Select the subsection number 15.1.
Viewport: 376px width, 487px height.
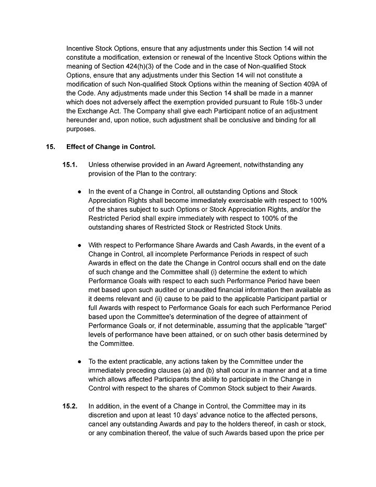[70, 165]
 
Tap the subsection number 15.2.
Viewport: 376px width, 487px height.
[70, 405]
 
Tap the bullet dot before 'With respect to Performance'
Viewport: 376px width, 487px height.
[80, 245]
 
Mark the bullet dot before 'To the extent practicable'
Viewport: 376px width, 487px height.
[80, 362]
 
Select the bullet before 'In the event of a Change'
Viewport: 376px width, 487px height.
[80, 192]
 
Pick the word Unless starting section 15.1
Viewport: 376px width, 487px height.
[99, 165]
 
